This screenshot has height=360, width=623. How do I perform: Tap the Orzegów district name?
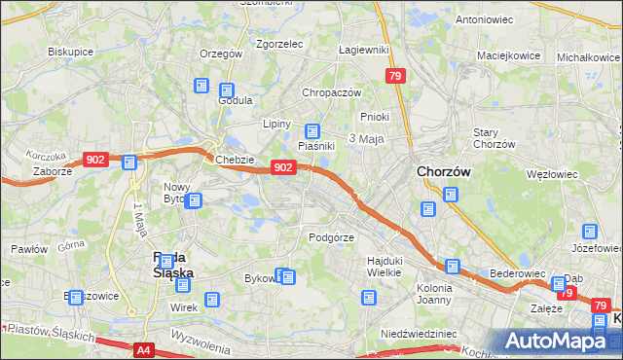(220, 54)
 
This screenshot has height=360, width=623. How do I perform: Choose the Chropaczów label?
(331, 92)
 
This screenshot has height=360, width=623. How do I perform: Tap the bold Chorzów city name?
(444, 170)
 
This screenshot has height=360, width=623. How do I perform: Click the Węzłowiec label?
(551, 174)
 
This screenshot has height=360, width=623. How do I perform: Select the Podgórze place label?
(331, 236)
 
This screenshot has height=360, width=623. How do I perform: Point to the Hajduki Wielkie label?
(385, 267)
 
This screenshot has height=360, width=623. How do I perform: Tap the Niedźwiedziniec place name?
(420, 334)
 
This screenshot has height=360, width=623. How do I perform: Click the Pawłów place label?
(29, 249)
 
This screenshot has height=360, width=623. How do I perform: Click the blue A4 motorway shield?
(144, 349)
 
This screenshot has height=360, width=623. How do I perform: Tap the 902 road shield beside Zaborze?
(95, 160)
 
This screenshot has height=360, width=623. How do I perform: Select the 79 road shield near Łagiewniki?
(394, 76)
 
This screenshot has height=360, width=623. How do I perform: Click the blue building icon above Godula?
(202, 86)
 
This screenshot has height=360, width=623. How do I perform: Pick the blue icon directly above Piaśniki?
(312, 131)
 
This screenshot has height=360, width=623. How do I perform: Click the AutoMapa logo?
(560, 342)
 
